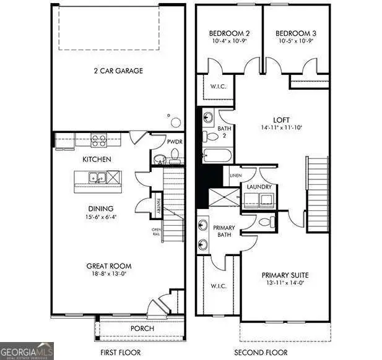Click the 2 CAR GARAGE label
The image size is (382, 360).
(116, 71)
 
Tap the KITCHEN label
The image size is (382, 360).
(97, 160)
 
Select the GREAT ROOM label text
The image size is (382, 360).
(108, 266)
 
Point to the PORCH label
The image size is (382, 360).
(141, 328)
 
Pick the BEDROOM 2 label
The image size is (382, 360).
(229, 33)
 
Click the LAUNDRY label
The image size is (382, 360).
(259, 187)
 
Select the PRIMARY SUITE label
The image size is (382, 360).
(285, 275)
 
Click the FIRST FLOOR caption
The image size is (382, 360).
(116, 353)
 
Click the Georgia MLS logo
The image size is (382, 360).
(27, 351)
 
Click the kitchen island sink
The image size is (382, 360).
(98, 179)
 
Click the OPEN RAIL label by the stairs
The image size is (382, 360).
(157, 233)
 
